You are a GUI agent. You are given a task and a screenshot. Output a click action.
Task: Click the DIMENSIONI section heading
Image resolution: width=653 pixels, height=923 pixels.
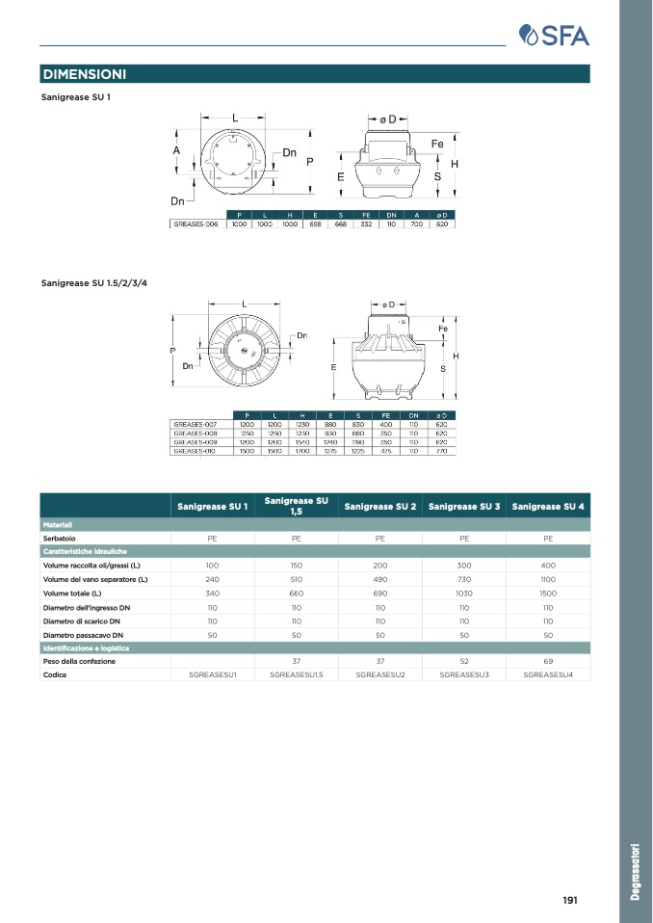pos(85,74)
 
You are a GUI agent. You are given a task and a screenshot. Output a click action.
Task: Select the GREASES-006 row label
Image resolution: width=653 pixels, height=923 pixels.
pos(196,224)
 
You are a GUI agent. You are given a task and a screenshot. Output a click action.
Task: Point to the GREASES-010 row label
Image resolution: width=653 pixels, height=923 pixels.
pos(195,450)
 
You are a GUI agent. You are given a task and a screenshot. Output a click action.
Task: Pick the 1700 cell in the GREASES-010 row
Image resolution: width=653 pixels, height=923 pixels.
pos(301,450)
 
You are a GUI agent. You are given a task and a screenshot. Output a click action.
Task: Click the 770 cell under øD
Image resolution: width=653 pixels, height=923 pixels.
pos(441,450)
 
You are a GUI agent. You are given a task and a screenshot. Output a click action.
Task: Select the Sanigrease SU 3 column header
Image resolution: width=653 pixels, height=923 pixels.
pos(464,506)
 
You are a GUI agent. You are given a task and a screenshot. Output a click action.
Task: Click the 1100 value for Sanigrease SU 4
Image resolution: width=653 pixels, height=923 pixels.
pos(548,579)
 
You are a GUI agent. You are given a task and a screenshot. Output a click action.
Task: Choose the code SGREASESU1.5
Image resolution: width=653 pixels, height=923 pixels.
pos(297,674)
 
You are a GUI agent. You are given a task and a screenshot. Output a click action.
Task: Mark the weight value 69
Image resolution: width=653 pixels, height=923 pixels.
pos(548,661)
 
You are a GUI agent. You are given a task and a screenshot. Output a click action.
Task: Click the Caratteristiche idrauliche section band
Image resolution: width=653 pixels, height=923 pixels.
pos(85,551)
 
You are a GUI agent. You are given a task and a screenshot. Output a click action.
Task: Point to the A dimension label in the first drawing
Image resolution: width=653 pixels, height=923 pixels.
pos(176,151)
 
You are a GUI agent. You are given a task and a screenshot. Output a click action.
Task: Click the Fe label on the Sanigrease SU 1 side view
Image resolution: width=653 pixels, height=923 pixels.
pos(436,144)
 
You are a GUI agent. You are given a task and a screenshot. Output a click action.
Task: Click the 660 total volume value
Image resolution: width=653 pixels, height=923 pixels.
pos(297,593)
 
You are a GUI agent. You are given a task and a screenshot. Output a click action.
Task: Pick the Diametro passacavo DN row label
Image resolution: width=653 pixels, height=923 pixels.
pos(83,636)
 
